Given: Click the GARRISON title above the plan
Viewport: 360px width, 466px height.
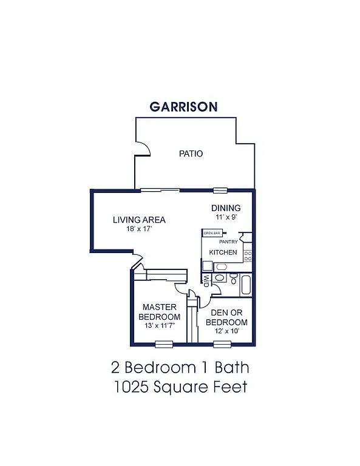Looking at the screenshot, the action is pyautogui.click(x=183, y=107).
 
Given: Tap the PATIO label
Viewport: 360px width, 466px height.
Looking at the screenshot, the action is pyautogui.click(x=191, y=154).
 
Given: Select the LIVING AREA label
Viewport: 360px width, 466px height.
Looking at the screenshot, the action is pyautogui.click(x=139, y=220).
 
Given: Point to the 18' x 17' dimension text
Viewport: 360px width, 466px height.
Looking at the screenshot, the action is pyautogui.click(x=139, y=229).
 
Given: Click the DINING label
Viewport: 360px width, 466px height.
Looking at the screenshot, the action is pyautogui.click(x=226, y=208).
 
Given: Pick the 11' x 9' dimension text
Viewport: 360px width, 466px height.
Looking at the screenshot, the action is pyautogui.click(x=226, y=217).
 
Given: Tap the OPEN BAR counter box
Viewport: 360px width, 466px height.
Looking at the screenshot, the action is pyautogui.click(x=212, y=233).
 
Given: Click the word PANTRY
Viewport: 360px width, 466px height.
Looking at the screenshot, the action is pyautogui.click(x=228, y=242).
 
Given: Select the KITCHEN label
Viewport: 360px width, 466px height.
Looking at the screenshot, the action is pyautogui.click(x=223, y=252).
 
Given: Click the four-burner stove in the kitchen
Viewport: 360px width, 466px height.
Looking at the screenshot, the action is pyautogui.click(x=248, y=256).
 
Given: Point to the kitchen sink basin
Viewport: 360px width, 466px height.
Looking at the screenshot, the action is pyautogui.click(x=221, y=267).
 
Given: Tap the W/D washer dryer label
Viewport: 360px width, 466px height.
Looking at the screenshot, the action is pyautogui.click(x=206, y=280).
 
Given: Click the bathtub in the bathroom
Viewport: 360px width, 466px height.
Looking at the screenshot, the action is pyautogui.click(x=246, y=285).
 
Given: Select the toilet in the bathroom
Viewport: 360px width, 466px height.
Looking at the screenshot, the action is pyautogui.click(x=234, y=279).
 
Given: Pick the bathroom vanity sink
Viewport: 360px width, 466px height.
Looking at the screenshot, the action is pyautogui.click(x=220, y=278).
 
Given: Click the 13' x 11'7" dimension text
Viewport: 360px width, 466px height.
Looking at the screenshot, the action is pyautogui.click(x=160, y=325).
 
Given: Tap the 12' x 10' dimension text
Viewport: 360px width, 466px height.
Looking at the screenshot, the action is pyautogui.click(x=227, y=331).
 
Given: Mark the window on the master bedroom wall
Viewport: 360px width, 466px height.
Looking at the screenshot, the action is pyautogui.click(x=164, y=344).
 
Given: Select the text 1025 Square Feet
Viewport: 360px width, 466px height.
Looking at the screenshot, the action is pyautogui.click(x=180, y=387).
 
